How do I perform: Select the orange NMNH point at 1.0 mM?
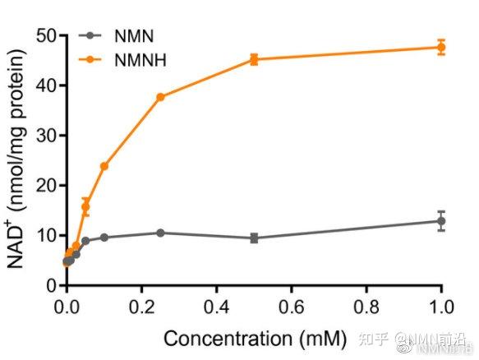click(441, 47)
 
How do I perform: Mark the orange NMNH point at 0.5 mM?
click(254, 59)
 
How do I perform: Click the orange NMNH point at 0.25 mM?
click(160, 97)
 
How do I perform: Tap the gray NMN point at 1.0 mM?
click(441, 220)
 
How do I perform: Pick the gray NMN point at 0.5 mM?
click(254, 238)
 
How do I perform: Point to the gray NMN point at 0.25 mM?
click(160, 233)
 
